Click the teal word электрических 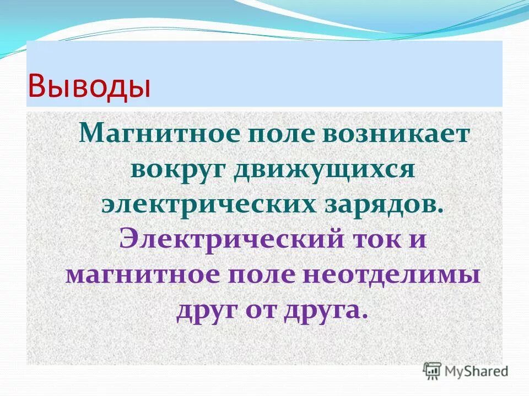tap(203, 204)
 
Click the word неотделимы tap(386, 276)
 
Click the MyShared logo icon tap(433, 370)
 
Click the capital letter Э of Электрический tap(129, 239)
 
